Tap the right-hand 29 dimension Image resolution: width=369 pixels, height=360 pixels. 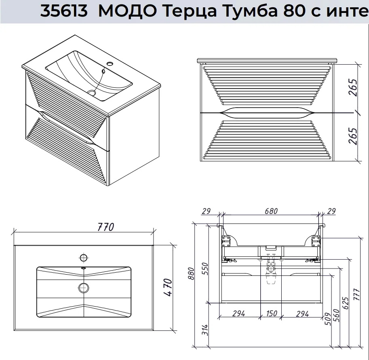tap(331, 211)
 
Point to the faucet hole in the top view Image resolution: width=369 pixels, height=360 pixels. tap(83, 257)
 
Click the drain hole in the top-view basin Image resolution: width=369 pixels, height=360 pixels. tap(83, 288)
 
